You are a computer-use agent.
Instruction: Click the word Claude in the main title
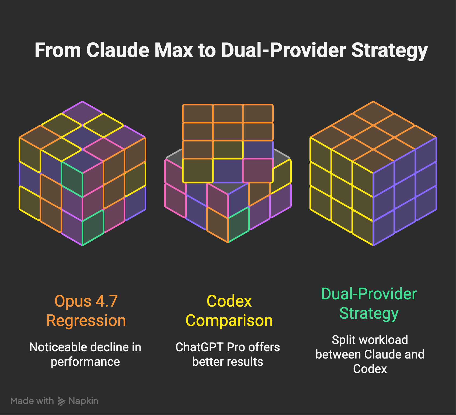coord(118,50)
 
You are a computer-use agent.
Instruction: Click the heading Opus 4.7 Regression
coord(86,311)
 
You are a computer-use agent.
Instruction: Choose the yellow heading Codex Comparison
coord(229,311)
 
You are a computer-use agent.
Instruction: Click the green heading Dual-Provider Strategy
coord(369,304)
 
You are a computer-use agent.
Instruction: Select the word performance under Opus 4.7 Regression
coord(85,362)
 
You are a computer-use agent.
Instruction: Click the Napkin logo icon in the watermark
coord(62,401)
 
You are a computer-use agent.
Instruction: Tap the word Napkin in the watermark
coord(83,401)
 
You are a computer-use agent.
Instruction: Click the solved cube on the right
coord(373,173)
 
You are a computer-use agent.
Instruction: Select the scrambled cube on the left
coord(82,173)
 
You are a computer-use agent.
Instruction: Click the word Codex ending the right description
coord(370,369)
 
